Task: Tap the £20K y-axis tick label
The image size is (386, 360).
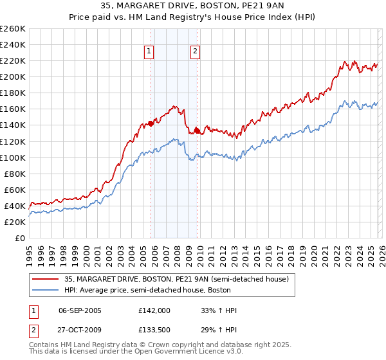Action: point(14,222)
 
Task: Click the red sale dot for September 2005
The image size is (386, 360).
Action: point(151,123)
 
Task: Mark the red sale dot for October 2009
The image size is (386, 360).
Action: point(198,130)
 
